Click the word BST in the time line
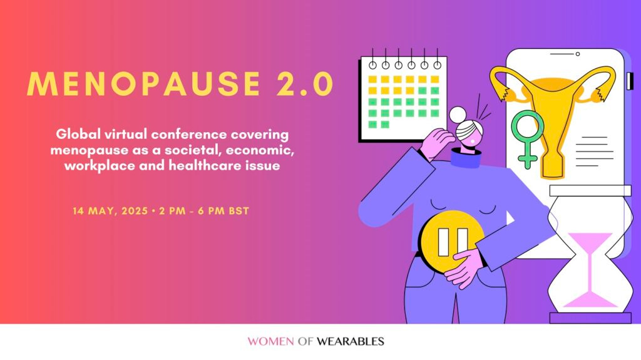click(x=239, y=211)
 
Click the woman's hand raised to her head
click(x=438, y=141)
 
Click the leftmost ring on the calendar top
click(x=372, y=64)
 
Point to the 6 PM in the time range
click(x=210, y=211)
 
